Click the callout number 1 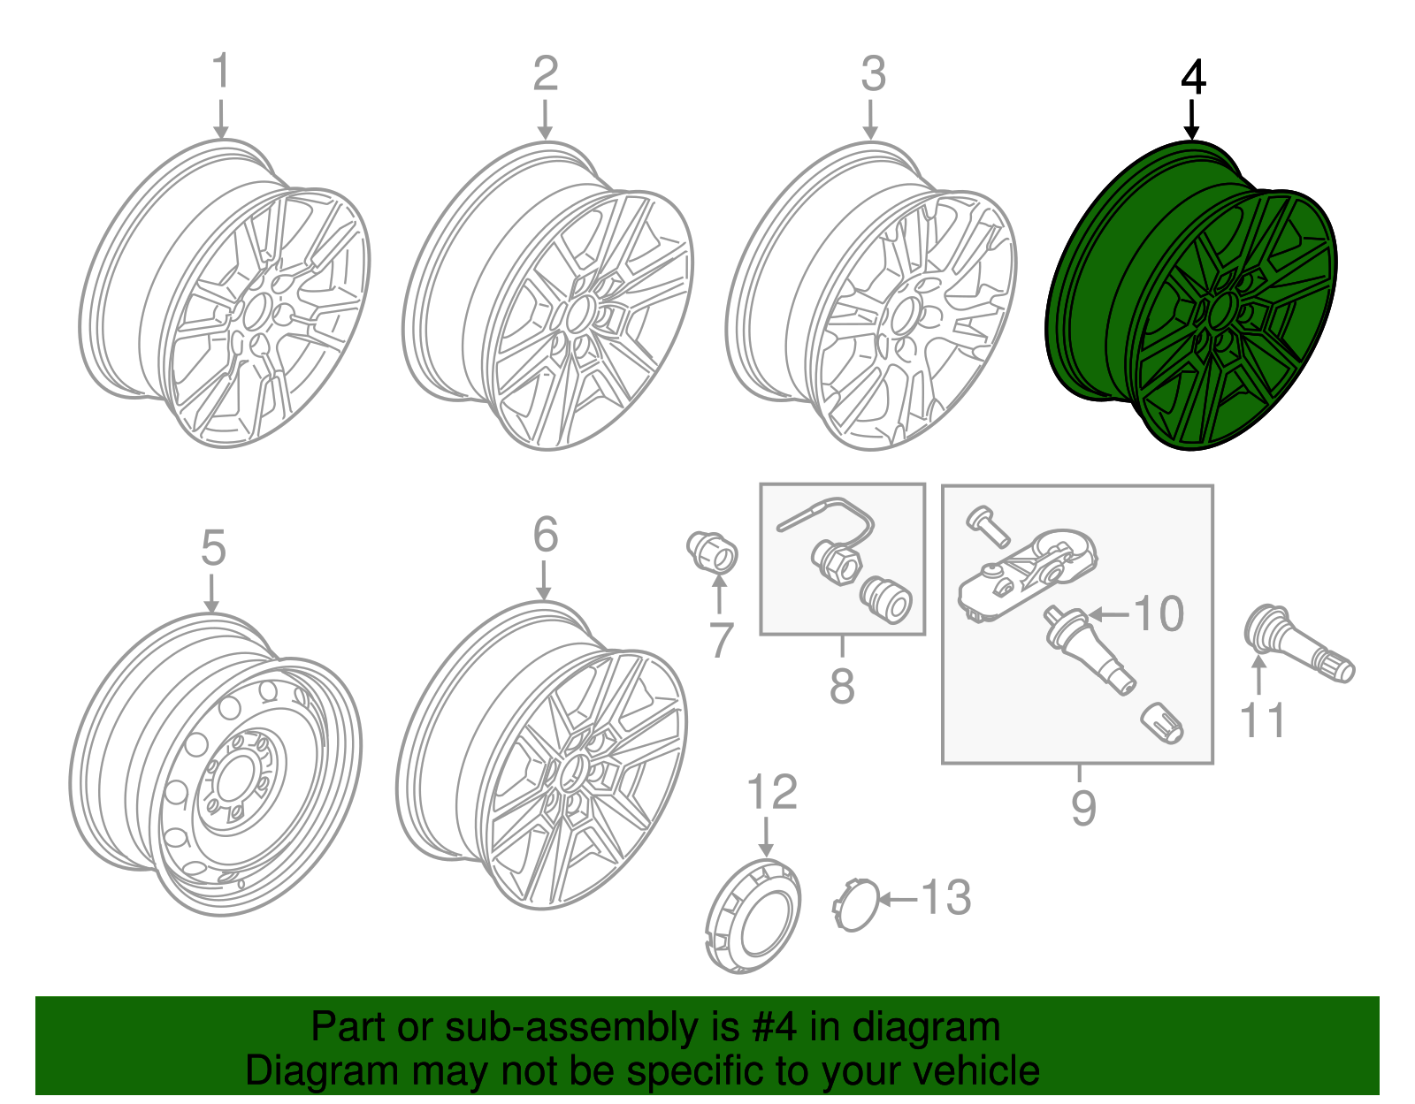pos(221,72)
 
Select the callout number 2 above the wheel pos(545,73)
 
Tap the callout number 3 pos(872,74)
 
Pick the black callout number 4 pos(1192,78)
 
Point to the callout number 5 pos(213,549)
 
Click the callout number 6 pos(546,535)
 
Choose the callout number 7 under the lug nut pos(721,641)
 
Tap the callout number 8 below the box pos(842,686)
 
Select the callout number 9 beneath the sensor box pos(1082,807)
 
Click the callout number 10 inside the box pos(1159,614)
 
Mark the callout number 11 pos(1262,720)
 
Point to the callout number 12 pos(772,793)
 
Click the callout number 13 pos(945,898)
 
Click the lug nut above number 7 pos(713,552)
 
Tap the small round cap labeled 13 pos(856,904)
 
